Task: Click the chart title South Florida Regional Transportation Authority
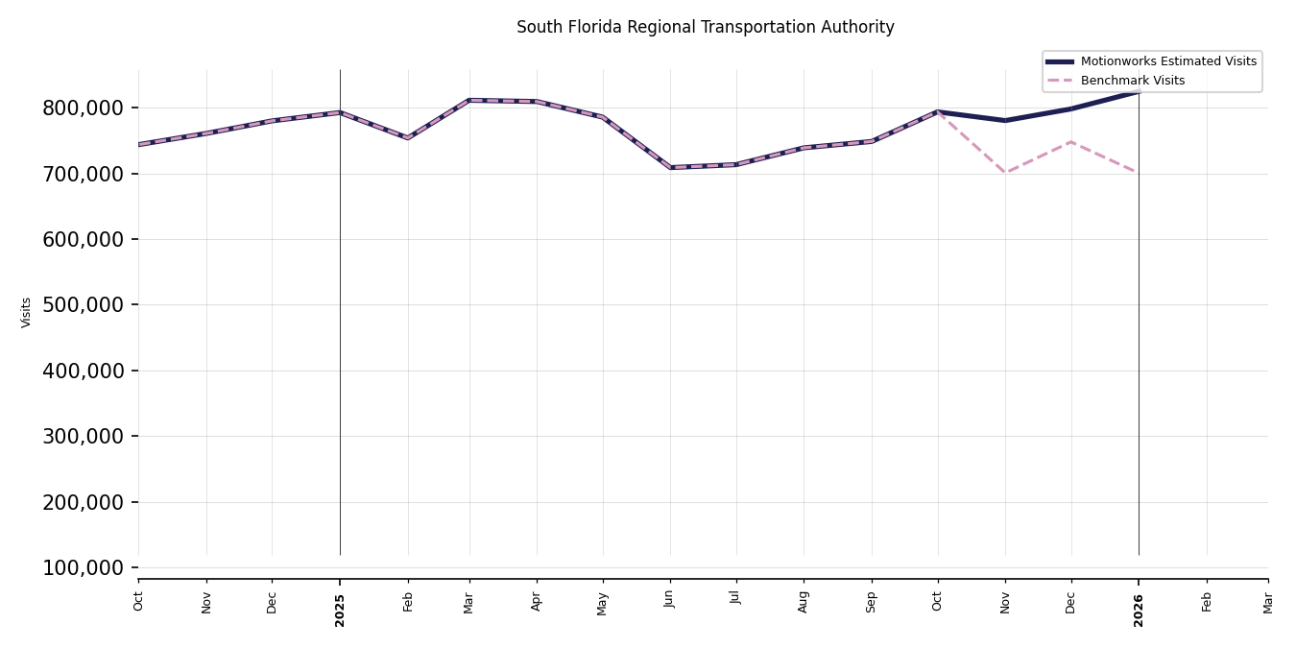coord(705,28)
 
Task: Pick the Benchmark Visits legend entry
coord(1132,81)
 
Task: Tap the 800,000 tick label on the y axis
coord(84,108)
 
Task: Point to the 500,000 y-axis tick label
coord(84,305)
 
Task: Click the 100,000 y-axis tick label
coord(84,568)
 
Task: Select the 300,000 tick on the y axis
coord(84,437)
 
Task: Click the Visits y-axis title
coord(27,312)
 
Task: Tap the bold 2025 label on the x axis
coord(340,610)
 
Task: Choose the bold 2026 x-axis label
coord(1139,610)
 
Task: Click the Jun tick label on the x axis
coord(670,598)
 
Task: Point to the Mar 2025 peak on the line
coord(469,100)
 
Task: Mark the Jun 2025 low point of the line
coord(670,168)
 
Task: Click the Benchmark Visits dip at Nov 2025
coord(1005,173)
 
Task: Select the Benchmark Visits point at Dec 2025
coord(1071,142)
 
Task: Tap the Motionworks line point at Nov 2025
coord(1005,121)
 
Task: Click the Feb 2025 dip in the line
coord(408,138)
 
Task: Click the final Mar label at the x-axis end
coord(1268,602)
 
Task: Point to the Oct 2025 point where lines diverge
coord(938,112)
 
